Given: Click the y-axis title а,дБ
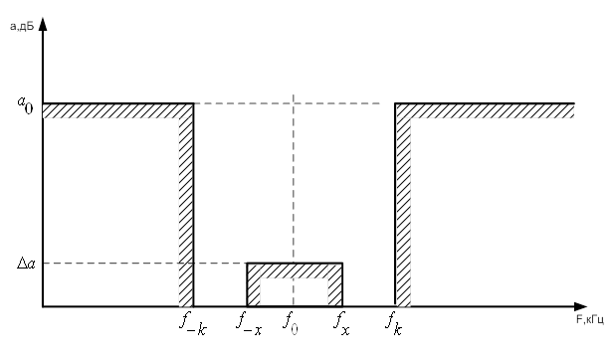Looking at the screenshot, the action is pos(22,26).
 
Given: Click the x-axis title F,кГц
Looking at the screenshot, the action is pos(590,319).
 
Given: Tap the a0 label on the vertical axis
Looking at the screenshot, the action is pos(25,104).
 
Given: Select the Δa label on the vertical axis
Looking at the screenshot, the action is pos(26,264).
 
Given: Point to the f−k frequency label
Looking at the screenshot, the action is pos(193,324).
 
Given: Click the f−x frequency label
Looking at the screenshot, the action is pos(249,324).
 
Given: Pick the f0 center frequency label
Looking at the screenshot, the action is pos(291,323).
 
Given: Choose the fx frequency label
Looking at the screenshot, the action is pos(341,324).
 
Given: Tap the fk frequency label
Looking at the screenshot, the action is pos(394,324).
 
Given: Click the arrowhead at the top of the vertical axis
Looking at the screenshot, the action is pos(43,24).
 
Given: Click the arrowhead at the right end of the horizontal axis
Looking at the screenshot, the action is pos(580,306).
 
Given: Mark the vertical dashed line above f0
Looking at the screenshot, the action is pos(294,200).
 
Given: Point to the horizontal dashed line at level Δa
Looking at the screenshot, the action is pos(144,263).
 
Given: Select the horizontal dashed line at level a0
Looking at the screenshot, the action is pos(287,103).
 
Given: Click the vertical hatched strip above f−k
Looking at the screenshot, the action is pos(186,211).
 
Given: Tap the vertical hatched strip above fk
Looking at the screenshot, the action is pos(403,211).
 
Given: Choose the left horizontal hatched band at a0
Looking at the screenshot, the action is pos(117,110).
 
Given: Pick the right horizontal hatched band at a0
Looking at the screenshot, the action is pos(485,110).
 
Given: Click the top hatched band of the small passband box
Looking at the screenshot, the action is pos(295,270).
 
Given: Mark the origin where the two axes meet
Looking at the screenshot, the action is pos(43,306).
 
